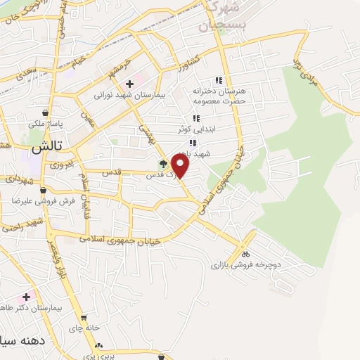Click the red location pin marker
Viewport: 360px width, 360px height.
pos(181,166)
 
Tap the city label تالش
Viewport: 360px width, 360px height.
pos(44,149)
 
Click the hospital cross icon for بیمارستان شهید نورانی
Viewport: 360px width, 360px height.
pos(129,84)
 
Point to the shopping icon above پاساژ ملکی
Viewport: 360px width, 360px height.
pos(46,113)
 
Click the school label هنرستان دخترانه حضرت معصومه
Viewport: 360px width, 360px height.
pos(218,96)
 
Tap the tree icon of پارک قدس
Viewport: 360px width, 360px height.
pos(163,164)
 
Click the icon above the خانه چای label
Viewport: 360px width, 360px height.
pos(84,318)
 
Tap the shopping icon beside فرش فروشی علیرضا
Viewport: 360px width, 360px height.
pos(44,190)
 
